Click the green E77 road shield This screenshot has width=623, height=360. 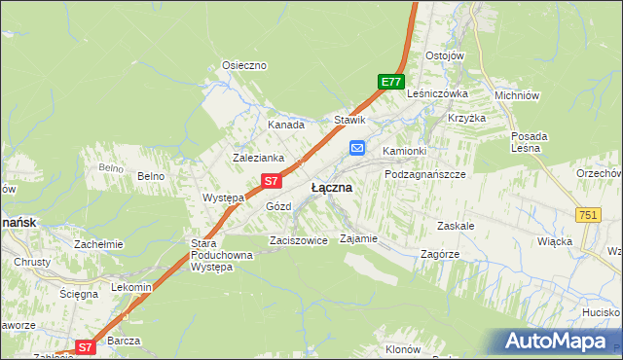[x=391, y=83]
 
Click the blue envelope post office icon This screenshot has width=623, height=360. [x=357, y=148]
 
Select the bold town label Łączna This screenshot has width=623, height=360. [x=331, y=187]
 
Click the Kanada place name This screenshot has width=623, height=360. [x=286, y=125]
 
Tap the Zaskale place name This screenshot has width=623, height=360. [x=456, y=225]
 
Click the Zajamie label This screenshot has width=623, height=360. [x=357, y=238]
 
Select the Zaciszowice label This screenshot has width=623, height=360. [x=298, y=240]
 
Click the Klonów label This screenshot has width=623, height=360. [x=402, y=349]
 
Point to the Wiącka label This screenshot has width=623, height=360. [x=554, y=241]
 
